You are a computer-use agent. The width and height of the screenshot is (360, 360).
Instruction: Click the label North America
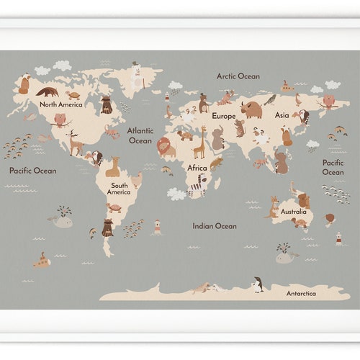coord(60,104)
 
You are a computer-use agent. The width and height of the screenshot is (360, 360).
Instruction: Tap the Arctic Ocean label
coord(238,76)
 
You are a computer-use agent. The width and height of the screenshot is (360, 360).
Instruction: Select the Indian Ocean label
coord(214,226)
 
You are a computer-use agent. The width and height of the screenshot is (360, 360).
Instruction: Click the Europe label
coord(223,116)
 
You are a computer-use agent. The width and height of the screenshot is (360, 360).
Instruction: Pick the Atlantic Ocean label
coord(140,135)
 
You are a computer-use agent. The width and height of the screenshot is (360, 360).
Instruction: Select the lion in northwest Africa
coord(166,147)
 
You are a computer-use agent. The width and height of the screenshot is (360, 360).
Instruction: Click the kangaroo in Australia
coord(273,207)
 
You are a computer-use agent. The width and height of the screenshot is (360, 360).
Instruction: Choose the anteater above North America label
coord(48,91)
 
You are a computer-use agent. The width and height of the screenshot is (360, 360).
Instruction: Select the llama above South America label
coord(113,168)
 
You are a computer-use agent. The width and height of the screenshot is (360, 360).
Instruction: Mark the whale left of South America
coord(63,220)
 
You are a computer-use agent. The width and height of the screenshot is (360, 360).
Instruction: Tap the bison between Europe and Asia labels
coord(251,109)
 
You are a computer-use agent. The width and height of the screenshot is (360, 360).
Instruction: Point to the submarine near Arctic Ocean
coord(287,87)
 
